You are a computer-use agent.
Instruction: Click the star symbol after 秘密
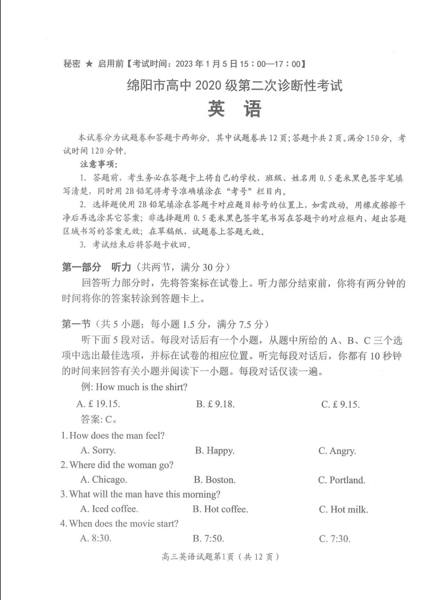click(x=88, y=64)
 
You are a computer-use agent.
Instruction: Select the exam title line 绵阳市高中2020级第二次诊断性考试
click(x=234, y=86)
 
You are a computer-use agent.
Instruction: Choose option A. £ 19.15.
click(x=98, y=404)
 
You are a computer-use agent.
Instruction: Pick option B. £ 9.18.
click(x=215, y=404)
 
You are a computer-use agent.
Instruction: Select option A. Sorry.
click(x=98, y=450)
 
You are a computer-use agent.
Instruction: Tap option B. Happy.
click(x=214, y=450)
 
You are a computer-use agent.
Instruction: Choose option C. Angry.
click(x=337, y=451)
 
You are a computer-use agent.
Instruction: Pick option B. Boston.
click(x=215, y=480)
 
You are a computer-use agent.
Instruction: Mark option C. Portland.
click(x=341, y=480)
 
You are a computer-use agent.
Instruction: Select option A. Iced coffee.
click(x=109, y=509)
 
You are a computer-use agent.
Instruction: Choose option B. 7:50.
click(x=209, y=539)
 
